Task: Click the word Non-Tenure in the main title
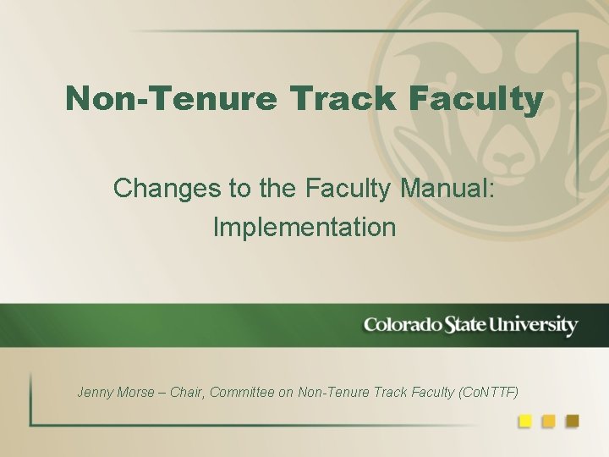click(x=171, y=99)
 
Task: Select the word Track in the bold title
click(x=343, y=99)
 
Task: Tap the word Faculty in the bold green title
click(x=475, y=99)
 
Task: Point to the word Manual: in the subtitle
click(x=448, y=188)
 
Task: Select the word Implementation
click(x=304, y=227)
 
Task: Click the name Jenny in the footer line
click(x=95, y=392)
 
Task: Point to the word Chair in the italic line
click(x=186, y=392)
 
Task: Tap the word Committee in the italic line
click(x=241, y=392)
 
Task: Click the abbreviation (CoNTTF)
click(x=488, y=392)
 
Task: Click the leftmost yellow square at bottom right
click(x=525, y=421)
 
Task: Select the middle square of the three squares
click(x=548, y=421)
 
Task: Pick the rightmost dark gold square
click(x=572, y=421)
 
